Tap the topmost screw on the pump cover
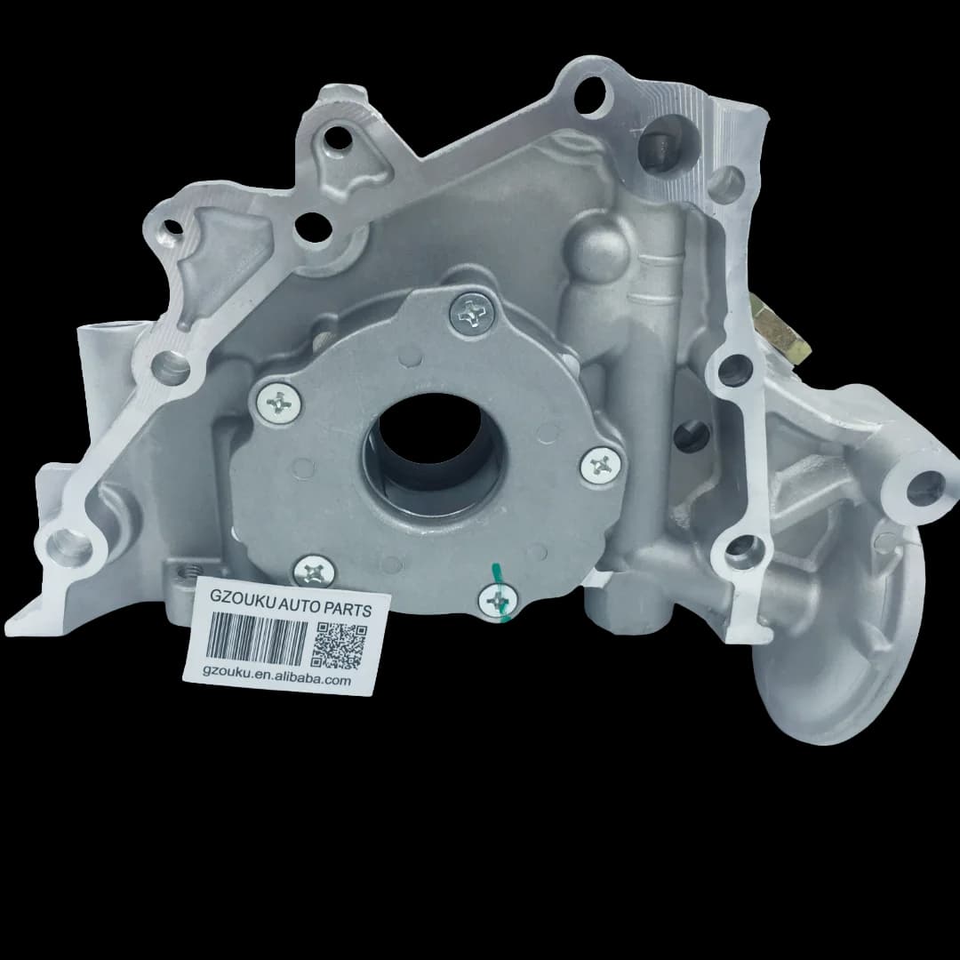471,314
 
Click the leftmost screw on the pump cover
279,402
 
